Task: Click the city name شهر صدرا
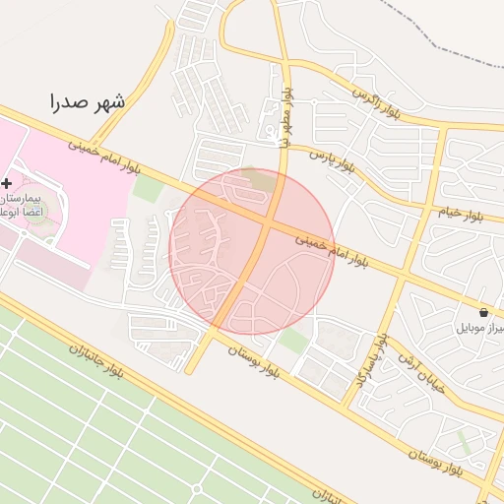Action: pos(89,101)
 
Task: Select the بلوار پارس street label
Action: pos(330,160)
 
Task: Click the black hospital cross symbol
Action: pos(7,183)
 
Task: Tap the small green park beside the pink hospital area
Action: pos(147,187)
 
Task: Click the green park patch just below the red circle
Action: pos(292,341)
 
